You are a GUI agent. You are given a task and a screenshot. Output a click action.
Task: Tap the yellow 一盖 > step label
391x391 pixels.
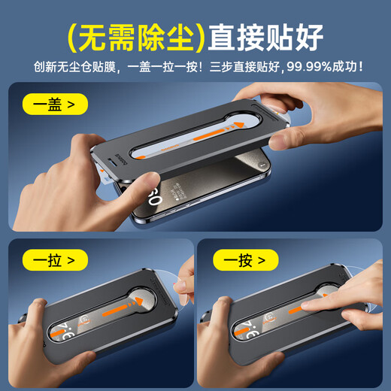coord(54,105)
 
